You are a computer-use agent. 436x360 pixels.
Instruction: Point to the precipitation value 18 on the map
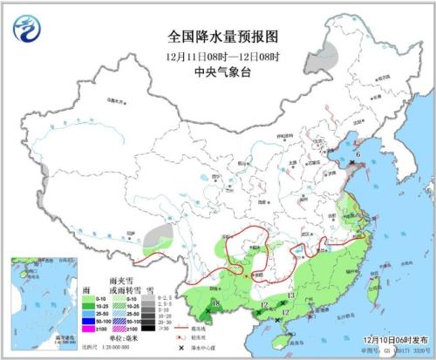coord(215,302)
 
